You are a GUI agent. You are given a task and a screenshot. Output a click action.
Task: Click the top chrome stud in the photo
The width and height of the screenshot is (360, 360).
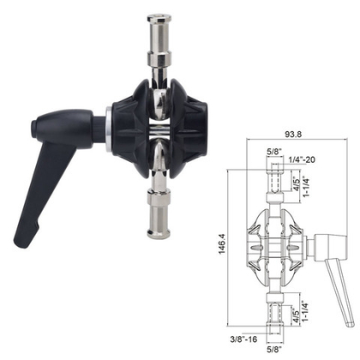[161, 39]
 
